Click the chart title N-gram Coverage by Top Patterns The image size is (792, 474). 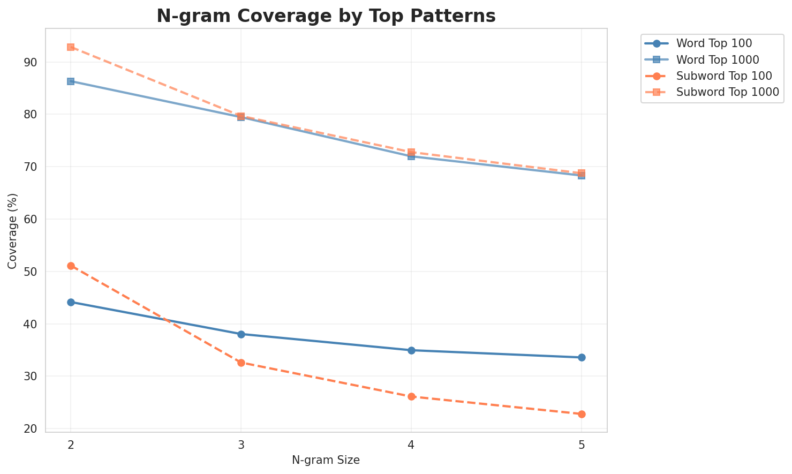pyautogui.click(x=326, y=16)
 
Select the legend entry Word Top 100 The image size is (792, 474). pyautogui.click(x=706, y=43)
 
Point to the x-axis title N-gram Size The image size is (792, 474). pyautogui.click(x=326, y=460)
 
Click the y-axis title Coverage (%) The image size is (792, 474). pyautogui.click(x=12, y=230)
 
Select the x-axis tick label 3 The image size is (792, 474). pyautogui.click(x=241, y=445)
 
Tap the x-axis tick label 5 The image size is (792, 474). pyautogui.click(x=582, y=445)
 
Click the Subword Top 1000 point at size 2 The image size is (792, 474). pyautogui.click(x=71, y=47)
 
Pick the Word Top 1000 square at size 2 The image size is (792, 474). pyautogui.click(x=71, y=81)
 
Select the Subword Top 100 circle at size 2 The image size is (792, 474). pyautogui.click(x=71, y=266)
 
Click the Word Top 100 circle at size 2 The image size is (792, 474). pyautogui.click(x=71, y=302)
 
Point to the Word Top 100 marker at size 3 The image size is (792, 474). pyautogui.click(x=241, y=334)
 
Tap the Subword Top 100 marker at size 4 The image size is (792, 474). pyautogui.click(x=411, y=396)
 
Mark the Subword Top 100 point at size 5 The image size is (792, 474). pyautogui.click(x=582, y=414)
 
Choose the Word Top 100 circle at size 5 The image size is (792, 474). pyautogui.click(x=582, y=357)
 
